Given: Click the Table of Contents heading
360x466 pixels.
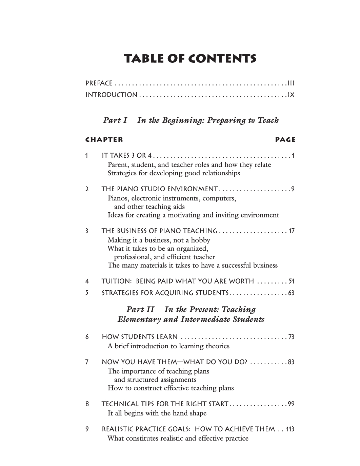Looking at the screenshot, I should (x=191, y=59).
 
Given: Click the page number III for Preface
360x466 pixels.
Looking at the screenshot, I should (x=291, y=83).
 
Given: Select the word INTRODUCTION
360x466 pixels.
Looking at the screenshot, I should (x=112, y=95).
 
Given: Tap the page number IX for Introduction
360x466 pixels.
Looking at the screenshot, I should (x=291, y=95).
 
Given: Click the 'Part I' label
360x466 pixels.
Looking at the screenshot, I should (x=115, y=120).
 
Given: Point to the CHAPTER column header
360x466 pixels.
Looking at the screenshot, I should (x=104, y=139).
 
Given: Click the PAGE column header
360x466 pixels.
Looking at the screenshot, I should (x=285, y=139).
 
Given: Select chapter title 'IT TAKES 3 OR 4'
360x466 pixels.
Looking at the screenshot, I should (x=126, y=156).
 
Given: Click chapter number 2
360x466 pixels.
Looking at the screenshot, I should (x=87, y=189).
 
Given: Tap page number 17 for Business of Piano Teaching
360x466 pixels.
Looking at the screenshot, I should (x=291, y=231).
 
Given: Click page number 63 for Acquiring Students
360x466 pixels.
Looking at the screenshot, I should (x=291, y=293).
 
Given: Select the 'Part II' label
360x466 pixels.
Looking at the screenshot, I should (x=140, y=309).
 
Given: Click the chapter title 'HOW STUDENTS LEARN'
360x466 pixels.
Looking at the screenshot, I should (x=140, y=337).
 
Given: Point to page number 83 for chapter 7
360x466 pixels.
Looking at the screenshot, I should (x=291, y=362).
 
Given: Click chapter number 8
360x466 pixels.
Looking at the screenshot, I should (x=87, y=404).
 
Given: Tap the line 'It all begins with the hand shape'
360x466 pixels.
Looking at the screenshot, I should (x=157, y=413).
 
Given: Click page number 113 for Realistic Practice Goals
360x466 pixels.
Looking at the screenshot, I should (x=290, y=429).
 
